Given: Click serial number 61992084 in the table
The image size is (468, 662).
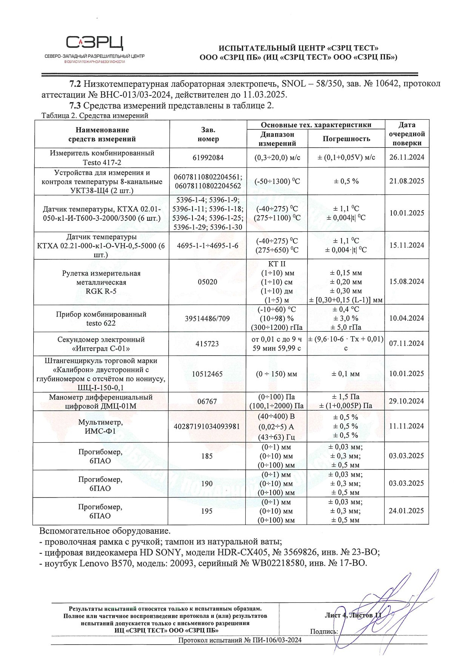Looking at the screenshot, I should coord(208,158).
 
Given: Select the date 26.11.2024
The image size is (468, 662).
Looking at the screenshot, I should coord(406,157).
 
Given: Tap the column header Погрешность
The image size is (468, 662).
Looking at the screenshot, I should coord(346,139).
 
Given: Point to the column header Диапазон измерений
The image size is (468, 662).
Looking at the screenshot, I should coord(277,139).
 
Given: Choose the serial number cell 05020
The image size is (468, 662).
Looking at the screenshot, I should coord(208,282).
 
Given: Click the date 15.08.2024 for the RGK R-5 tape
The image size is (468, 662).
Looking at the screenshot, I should coord(406,282).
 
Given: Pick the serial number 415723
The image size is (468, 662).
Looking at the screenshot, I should coord(208,344).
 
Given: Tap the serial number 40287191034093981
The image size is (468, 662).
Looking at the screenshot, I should coord(208,426).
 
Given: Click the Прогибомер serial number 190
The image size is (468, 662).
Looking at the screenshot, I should coord(208,484).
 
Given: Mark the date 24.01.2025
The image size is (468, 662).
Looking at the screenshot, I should coord(406,511).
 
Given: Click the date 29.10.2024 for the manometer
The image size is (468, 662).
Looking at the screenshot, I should coord(406,401).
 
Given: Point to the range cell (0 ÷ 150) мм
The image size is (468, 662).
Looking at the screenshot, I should coord(277,374).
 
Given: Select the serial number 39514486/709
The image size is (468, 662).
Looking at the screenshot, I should coord(208,319).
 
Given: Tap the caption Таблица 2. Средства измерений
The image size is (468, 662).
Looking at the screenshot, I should coord(95,116).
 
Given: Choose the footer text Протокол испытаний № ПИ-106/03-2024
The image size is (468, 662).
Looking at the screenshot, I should coord(240,640).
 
